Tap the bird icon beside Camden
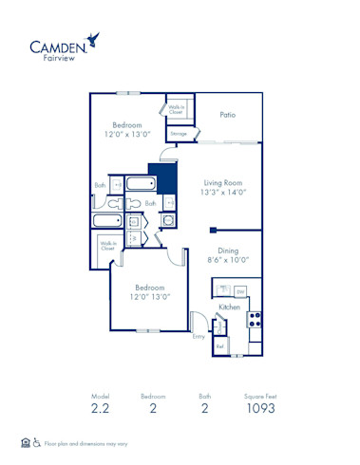click(x=93, y=40)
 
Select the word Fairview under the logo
click(x=55, y=58)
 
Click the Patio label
click(x=227, y=115)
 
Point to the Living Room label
click(x=223, y=181)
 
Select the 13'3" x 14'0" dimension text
click(x=223, y=192)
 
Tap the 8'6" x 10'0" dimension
click(x=227, y=259)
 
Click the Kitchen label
click(x=229, y=307)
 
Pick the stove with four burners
click(x=255, y=320)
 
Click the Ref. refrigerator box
click(x=220, y=346)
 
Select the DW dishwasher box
click(x=240, y=290)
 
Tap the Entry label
click(x=199, y=336)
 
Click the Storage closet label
click(x=179, y=134)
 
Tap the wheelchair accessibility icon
click(x=37, y=443)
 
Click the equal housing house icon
click(x=26, y=443)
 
